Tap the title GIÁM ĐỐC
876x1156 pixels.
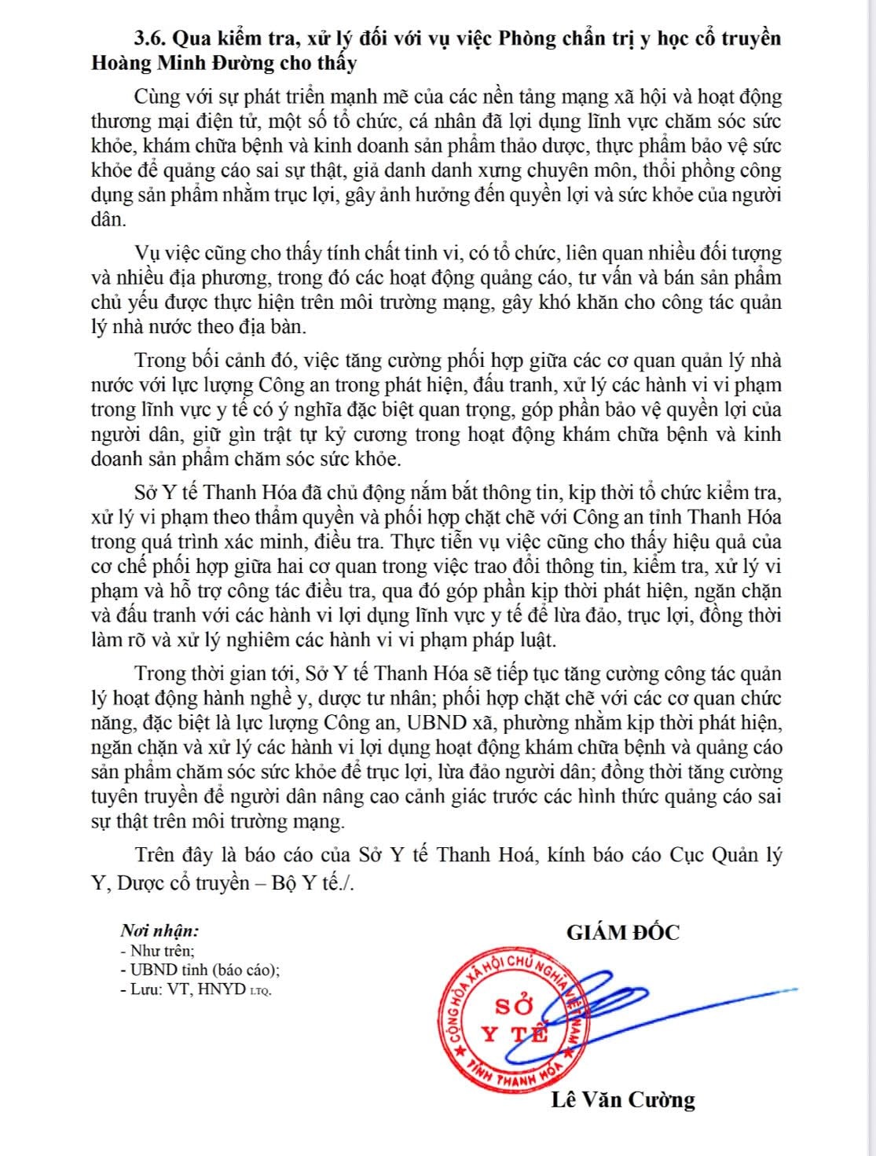(x=623, y=933)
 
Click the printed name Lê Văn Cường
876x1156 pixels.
(x=623, y=1099)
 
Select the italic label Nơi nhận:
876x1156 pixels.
(x=159, y=931)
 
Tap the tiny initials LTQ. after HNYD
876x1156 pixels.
(x=260, y=992)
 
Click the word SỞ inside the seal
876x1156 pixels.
(x=514, y=1006)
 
